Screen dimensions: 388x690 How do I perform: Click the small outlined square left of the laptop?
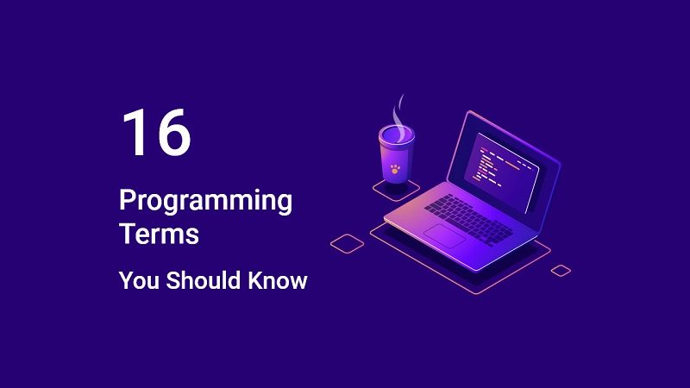[347, 242]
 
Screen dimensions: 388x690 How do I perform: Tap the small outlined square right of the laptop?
[561, 271]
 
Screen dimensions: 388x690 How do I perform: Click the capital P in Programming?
[127, 201]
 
